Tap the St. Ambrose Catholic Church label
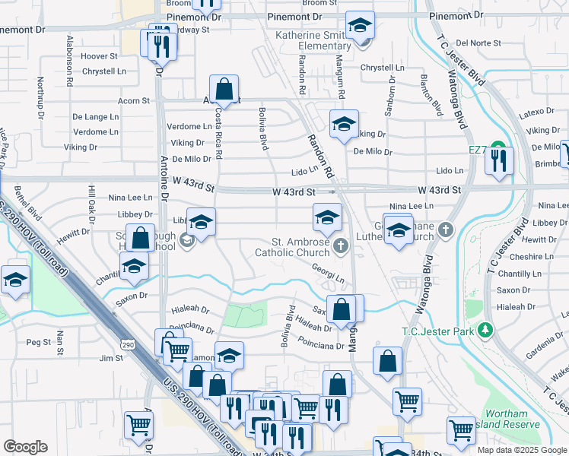292,247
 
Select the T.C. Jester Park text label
437,331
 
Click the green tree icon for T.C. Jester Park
484,331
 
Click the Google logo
25,447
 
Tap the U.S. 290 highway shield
127,345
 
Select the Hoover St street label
100,56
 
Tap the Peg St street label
38,343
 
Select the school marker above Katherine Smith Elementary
360,27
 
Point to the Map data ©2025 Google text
521,450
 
